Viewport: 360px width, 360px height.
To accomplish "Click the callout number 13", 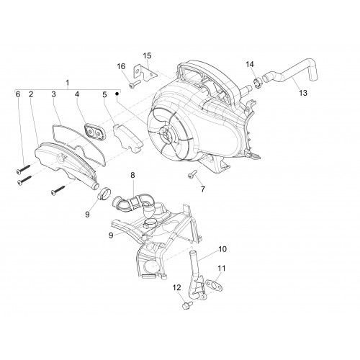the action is coord(303,93).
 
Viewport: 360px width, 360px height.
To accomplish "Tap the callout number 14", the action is coord(250,64).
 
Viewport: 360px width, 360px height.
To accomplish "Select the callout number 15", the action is coord(147,55).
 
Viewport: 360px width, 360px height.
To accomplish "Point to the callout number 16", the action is coord(121,66).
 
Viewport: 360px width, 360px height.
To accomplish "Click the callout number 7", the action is coord(203,189).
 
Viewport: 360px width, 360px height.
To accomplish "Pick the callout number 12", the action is coord(177,287).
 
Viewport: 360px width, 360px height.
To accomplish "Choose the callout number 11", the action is coord(222,268).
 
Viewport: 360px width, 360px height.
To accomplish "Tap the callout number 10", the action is coord(222,249).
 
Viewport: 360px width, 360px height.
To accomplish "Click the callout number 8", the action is coord(132,175).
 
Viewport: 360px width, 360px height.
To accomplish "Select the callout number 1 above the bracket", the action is coord(68,83).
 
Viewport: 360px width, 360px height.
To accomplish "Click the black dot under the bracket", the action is coord(117,94).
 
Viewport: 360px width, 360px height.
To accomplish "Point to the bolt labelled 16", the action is coord(134,84).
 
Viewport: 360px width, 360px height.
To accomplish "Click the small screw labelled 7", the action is coord(192,174).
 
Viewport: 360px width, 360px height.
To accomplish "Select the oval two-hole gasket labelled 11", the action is coord(213,285).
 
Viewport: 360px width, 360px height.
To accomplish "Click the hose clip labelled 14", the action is coord(258,83).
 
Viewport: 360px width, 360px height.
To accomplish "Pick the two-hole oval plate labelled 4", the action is coord(94,132).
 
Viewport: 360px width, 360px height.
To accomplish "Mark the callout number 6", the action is coord(18,94).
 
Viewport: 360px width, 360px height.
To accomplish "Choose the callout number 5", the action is coord(104,94).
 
